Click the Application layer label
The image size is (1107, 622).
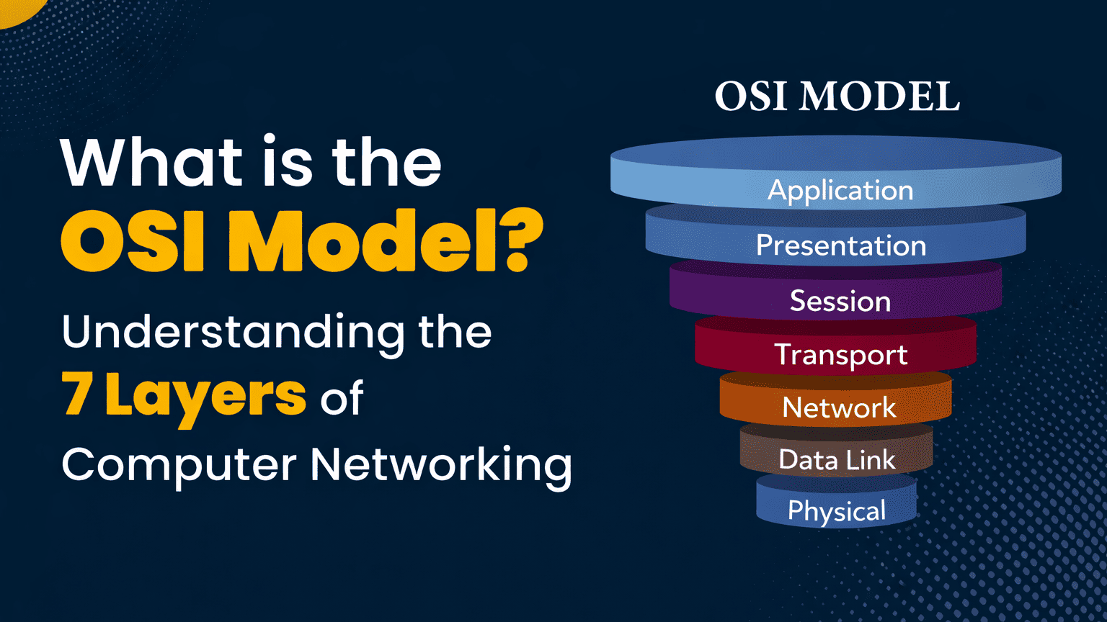[840, 191]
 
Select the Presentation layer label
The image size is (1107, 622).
[840, 245]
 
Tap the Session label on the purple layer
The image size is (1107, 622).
[840, 301]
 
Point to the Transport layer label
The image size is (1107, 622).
[840, 355]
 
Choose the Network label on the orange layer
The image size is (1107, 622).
[839, 408]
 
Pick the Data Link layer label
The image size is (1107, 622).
[837, 460]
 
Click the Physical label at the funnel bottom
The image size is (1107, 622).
[836, 511]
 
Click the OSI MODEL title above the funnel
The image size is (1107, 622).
[837, 96]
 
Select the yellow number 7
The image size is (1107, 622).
[77, 395]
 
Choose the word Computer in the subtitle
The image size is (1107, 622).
[179, 465]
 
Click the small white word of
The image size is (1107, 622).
[342, 397]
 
